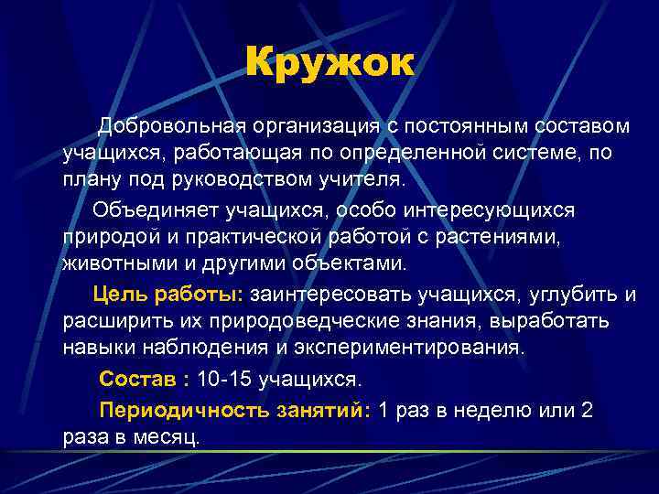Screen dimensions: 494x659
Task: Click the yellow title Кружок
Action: [329, 63]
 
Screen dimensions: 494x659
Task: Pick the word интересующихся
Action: [490, 211]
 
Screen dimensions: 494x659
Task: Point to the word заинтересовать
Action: [329, 294]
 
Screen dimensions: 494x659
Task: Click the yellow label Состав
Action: [133, 378]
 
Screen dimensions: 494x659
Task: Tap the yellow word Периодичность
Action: [184, 409]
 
